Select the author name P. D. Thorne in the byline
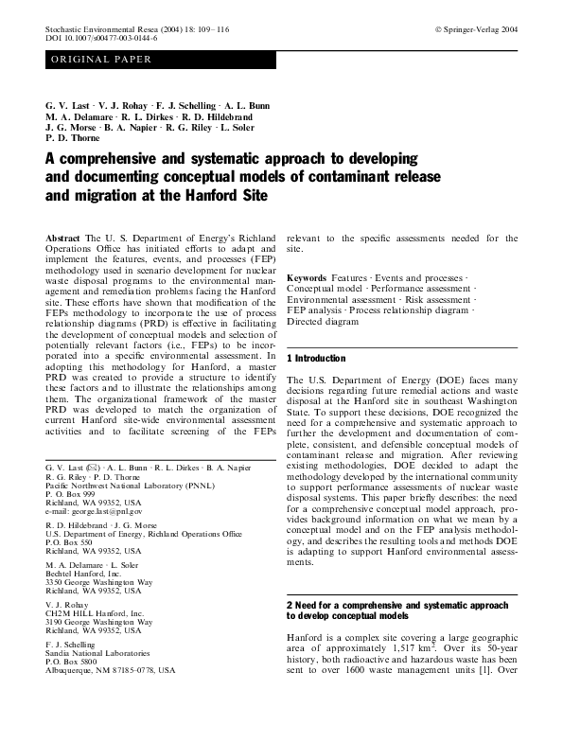click(73, 137)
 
